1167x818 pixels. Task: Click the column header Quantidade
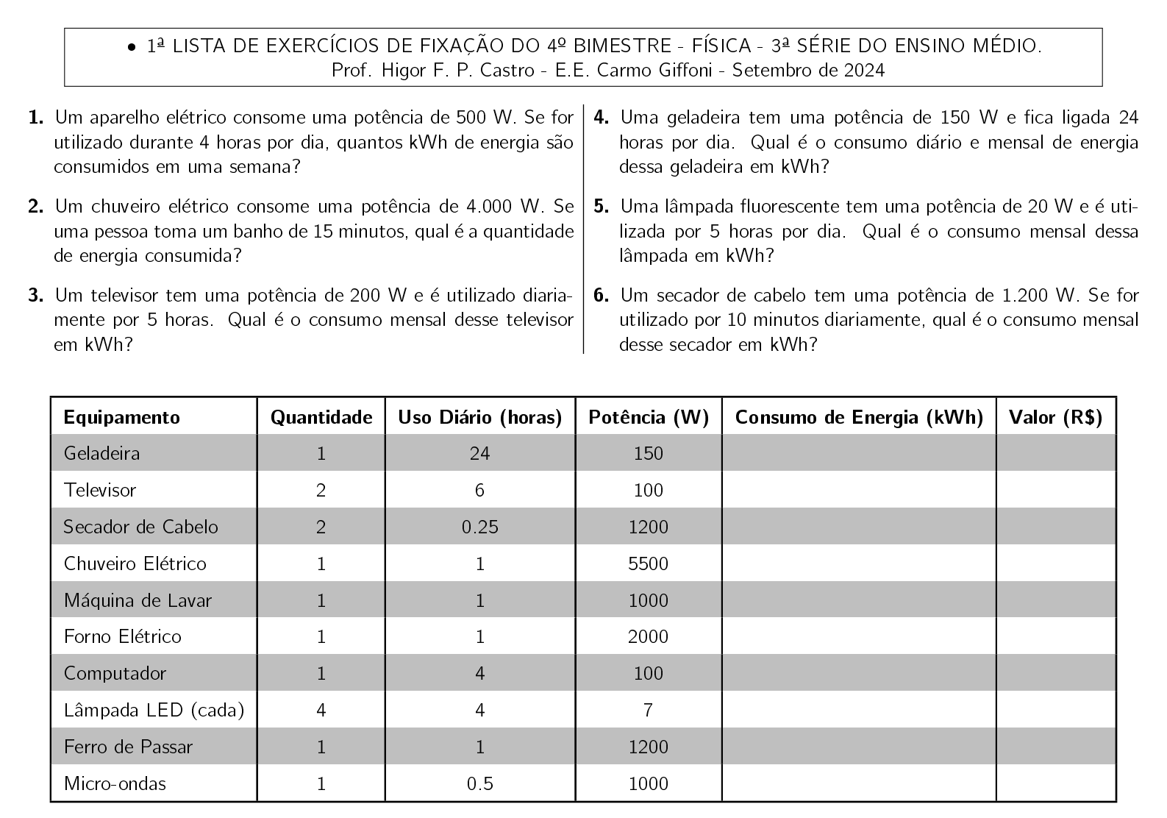pos(321,417)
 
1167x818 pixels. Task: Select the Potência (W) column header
pos(649,417)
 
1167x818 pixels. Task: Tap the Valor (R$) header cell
pos(1055,417)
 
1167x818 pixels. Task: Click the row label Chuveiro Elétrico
pos(135,563)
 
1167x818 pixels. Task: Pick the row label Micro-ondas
pos(115,783)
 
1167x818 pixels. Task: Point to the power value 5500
pos(649,563)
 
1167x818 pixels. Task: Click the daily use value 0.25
pos(479,527)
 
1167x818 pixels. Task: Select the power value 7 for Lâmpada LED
pos(648,710)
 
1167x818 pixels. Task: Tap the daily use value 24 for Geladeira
pos(479,453)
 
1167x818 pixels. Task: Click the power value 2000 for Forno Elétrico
pos(649,636)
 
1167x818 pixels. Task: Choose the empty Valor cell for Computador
pos(1055,673)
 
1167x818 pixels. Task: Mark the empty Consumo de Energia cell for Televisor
pos(858,490)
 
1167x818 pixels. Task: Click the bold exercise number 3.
pos(35,296)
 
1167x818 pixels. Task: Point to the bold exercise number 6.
pos(601,296)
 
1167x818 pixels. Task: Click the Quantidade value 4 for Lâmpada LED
pos(321,710)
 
